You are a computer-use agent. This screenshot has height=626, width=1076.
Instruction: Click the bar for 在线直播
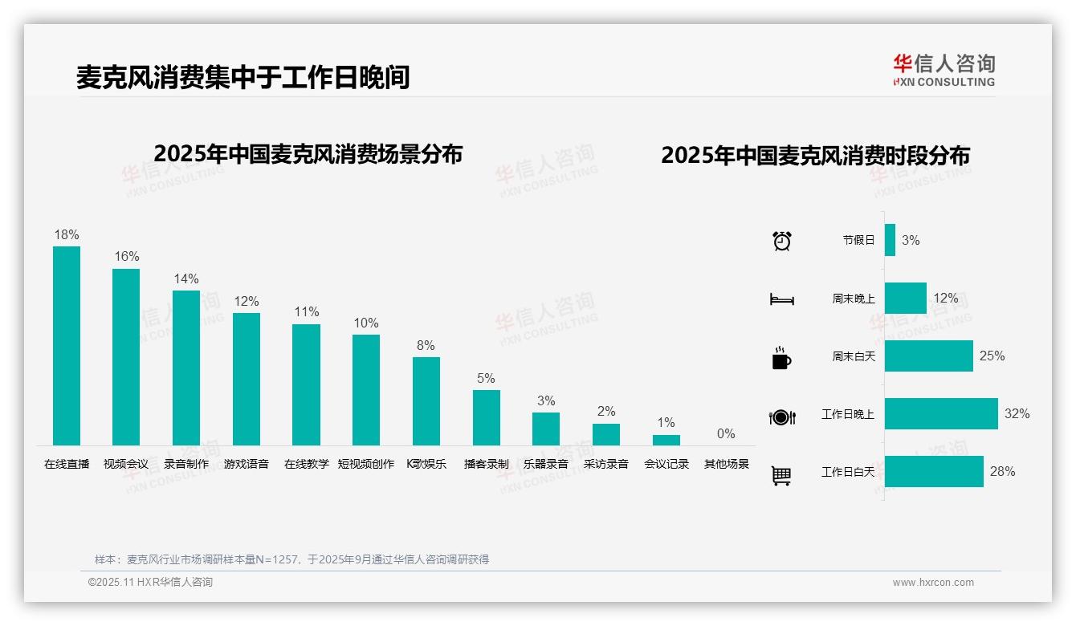pos(67,345)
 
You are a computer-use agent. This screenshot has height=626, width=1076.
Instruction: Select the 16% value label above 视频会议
pos(127,257)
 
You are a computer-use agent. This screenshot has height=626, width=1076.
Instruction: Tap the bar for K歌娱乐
pos(426,400)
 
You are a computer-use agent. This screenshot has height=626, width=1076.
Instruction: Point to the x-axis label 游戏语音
pos(247,464)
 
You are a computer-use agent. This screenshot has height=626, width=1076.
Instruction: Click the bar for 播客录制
pos(487,417)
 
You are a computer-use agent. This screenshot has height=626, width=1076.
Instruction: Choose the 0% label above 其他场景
pos(726,434)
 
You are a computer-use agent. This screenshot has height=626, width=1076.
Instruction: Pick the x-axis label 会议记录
pos(666,464)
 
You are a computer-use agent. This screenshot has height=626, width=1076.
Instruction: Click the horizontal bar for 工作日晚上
pos(941,414)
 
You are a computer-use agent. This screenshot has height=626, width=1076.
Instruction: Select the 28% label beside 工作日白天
pos(1002,472)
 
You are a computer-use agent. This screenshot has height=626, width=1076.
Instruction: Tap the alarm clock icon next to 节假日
pos(782,241)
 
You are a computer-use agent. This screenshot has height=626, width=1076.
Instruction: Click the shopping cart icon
pos(781,476)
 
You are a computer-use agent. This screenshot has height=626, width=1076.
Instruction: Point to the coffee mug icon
pos(781,358)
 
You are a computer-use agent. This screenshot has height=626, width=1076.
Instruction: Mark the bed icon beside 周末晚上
pos(781,299)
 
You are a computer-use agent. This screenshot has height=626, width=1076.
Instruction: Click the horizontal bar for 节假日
pos(890,240)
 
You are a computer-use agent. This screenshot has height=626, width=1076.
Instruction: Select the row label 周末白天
pos(854,356)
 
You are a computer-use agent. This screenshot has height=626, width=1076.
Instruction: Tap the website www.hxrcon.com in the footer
pos(933,583)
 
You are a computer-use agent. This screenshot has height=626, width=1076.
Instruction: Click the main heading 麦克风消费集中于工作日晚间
pos(243,77)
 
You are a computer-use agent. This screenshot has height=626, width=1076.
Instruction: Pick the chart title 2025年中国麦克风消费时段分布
pos(815,156)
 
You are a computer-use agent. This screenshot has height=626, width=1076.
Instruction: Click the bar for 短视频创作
pos(366,389)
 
